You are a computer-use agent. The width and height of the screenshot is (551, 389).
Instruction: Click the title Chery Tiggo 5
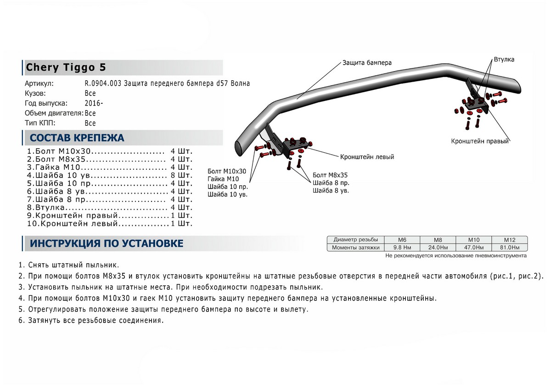[66, 67]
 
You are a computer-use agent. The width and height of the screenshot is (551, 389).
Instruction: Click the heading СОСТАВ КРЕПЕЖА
[77, 138]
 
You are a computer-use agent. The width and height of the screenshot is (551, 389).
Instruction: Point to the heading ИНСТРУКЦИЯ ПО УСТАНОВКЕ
[107, 244]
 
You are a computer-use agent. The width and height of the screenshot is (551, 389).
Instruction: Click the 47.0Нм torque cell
[473, 248]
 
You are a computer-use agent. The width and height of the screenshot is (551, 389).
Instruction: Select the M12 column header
[509, 240]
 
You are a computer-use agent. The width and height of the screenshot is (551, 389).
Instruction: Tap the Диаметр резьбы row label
[356, 240]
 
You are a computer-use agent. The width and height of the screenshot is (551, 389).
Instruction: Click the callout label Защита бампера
[366, 62]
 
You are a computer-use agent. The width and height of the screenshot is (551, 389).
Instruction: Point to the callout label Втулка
[504, 60]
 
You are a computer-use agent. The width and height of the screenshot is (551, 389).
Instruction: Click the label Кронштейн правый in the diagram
[480, 141]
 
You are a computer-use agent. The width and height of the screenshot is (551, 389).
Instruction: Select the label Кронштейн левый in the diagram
[367, 156]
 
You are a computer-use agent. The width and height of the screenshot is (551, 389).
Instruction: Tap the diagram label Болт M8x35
[330, 175]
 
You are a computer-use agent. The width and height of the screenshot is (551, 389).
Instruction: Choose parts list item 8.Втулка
[51, 208]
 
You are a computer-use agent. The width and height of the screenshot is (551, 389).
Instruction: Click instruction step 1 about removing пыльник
[69, 265]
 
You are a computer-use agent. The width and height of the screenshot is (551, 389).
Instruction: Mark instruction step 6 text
[91, 320]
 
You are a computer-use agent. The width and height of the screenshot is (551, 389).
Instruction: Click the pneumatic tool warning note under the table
[456, 256]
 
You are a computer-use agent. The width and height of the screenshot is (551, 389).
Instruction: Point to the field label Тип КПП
[41, 123]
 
